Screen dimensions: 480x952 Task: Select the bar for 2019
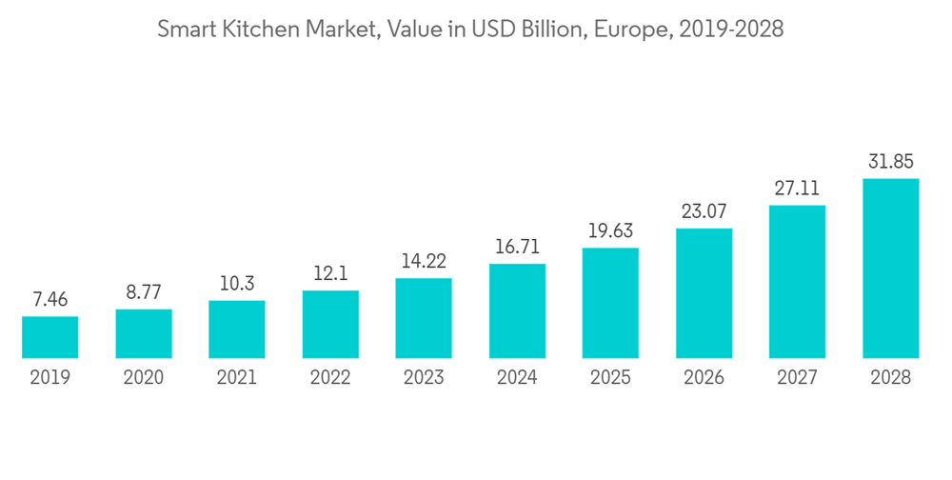coord(50,337)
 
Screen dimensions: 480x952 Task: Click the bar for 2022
coord(330,324)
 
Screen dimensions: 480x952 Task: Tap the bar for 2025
coord(610,303)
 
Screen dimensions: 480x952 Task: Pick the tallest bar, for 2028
coord(890,269)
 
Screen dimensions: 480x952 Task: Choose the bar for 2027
coord(797,282)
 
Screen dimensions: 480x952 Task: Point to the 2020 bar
coord(143,333)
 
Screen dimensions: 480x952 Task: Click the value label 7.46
coord(50,300)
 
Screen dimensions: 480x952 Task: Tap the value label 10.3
coord(237,285)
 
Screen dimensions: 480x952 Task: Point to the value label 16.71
coord(517,248)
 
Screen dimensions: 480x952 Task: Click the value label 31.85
coord(890,162)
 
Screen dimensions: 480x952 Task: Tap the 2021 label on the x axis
coord(237,378)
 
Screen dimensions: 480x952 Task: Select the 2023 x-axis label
coord(424,378)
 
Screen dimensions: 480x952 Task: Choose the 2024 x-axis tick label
coord(517,378)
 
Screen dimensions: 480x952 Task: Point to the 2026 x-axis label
coord(704,378)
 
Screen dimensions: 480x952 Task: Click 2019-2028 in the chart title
coord(729,30)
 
